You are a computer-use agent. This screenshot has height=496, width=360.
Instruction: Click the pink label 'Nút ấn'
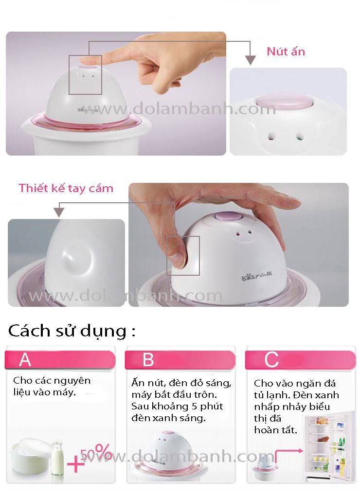tap(286, 51)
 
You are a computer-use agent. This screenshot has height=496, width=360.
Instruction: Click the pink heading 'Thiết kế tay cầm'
tap(66, 188)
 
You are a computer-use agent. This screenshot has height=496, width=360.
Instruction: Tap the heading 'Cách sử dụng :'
tap(72, 331)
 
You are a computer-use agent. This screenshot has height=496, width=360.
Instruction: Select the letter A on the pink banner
tap(25, 360)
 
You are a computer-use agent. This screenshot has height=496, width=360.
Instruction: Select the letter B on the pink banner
tap(148, 360)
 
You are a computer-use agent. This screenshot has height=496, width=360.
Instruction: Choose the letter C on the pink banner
tap(271, 360)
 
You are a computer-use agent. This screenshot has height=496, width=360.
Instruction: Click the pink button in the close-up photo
tap(284, 101)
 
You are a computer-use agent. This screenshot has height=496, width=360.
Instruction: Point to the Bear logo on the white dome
tap(257, 277)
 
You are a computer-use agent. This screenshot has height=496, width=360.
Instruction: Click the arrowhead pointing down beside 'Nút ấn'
tap(251, 60)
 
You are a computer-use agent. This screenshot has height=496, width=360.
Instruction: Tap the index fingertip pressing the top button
tap(87, 60)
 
